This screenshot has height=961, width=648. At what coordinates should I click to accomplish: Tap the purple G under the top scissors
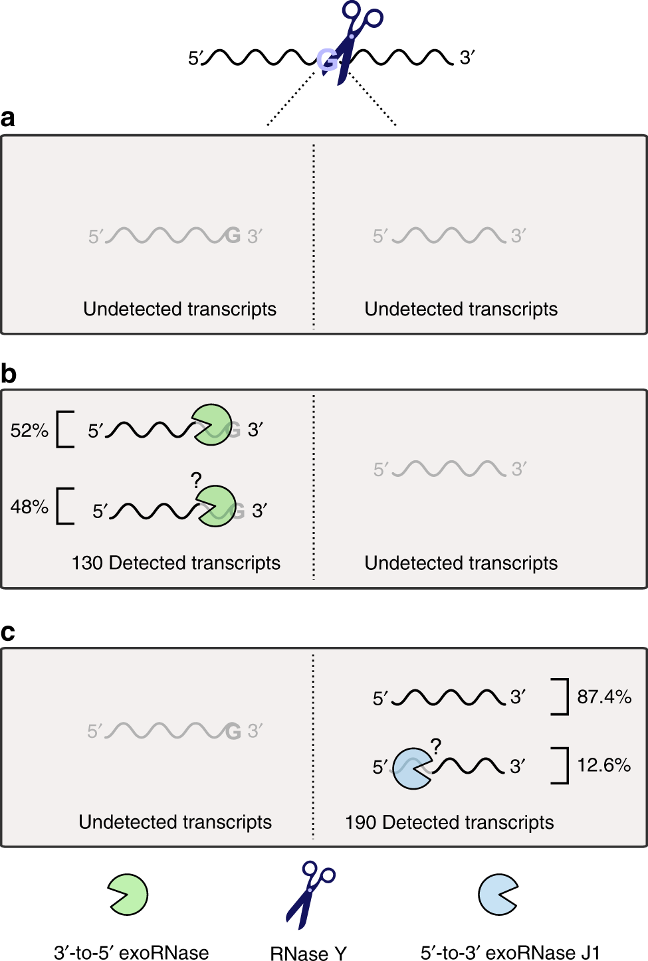326,60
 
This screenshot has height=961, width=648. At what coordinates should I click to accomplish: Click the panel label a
8,118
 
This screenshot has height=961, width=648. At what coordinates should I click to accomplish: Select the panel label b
9,374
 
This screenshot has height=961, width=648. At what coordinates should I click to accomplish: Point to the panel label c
8,632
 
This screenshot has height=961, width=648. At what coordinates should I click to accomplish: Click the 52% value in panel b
29,430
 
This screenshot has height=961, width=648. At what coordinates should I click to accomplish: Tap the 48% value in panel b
29,507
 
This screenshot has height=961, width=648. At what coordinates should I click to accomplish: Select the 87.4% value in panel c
603,697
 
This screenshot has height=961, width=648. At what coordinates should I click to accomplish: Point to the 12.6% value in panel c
603,765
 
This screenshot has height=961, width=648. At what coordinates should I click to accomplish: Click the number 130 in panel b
87,563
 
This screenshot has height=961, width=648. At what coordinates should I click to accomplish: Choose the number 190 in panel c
361,822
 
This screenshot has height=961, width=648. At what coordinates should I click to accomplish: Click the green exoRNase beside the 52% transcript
212,425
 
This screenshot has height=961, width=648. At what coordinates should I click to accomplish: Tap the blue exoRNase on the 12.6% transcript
411,768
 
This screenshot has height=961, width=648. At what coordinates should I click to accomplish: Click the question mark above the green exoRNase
196,480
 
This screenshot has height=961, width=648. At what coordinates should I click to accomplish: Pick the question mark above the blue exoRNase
436,746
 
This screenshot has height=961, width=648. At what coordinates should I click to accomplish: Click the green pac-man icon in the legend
128,895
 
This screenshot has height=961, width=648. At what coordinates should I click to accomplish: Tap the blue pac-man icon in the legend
498,895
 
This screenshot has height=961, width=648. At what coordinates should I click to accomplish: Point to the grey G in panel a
233,235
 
